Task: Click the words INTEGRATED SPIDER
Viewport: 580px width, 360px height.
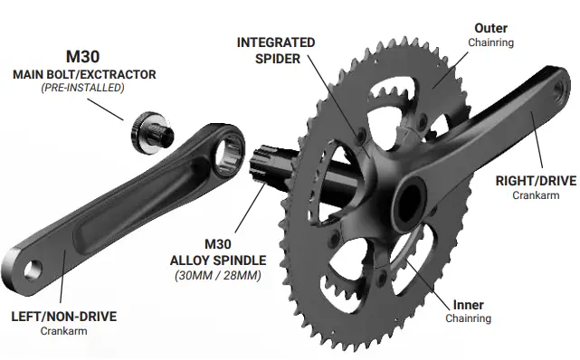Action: (x=276, y=51)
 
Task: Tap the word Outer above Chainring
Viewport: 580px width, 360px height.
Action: (x=490, y=29)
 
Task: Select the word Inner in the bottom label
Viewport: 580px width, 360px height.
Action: (x=467, y=305)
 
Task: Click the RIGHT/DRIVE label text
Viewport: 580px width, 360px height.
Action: (x=536, y=181)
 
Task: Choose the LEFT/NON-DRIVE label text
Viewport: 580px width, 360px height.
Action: (x=63, y=317)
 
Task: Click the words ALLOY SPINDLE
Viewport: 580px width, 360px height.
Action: (x=220, y=260)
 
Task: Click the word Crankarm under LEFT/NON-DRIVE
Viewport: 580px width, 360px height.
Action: (x=63, y=331)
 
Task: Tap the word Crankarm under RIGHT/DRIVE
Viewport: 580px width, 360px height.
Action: (x=536, y=195)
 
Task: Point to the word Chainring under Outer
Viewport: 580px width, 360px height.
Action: (x=490, y=43)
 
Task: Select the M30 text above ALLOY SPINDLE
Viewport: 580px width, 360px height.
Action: (x=220, y=244)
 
